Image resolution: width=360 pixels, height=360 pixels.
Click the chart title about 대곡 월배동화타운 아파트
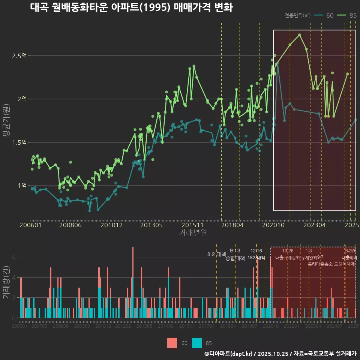pyautogui.click(x=131, y=7)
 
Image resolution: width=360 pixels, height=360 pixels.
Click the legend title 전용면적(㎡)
pyautogui.click(x=297, y=15)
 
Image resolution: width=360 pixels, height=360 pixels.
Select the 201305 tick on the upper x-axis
pyautogui.click(x=151, y=225)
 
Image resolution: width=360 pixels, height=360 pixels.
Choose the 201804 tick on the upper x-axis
pyautogui.click(x=232, y=225)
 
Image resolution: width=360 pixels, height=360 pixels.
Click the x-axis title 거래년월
pyautogui.click(x=193, y=233)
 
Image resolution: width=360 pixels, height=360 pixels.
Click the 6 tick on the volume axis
pyautogui.click(x=14, y=257)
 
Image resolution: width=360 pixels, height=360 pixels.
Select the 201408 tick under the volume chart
pyautogui.click(x=165, y=327)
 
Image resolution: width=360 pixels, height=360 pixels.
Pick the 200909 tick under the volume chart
pyautogui.click(x=82, y=327)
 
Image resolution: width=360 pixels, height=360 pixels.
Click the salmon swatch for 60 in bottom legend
pyautogui.click(x=172, y=343)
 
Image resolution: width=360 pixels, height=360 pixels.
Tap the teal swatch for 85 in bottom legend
pyautogui.click(x=197, y=343)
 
